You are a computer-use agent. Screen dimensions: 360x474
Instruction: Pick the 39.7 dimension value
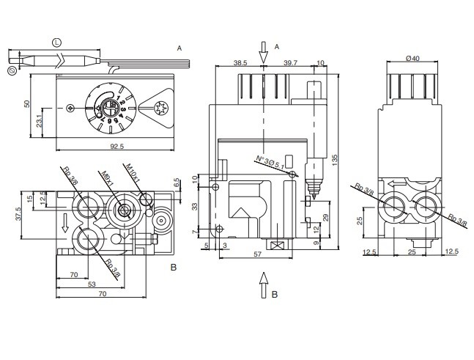(291, 64)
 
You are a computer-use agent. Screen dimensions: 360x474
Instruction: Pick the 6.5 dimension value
(176, 183)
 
